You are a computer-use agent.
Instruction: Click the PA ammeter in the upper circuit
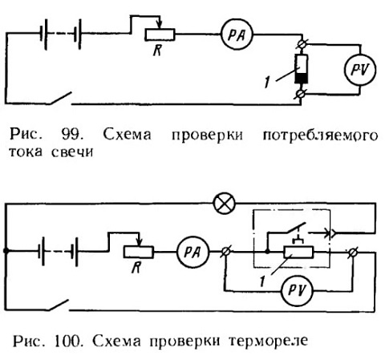[x=237, y=34]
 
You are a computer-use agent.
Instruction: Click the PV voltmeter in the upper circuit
[x=360, y=70]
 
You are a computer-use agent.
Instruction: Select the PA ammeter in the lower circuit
[x=193, y=252]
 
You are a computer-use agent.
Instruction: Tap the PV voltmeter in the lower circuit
[x=297, y=290]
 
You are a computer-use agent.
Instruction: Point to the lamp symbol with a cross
[x=225, y=204]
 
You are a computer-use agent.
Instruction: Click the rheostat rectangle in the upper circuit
[x=160, y=34]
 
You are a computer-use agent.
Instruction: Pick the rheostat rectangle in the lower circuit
[x=139, y=252]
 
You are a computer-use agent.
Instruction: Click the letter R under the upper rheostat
[x=157, y=50]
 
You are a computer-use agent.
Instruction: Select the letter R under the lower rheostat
[x=136, y=267]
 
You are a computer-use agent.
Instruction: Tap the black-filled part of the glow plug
[x=302, y=78]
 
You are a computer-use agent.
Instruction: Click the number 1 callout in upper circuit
[x=266, y=82]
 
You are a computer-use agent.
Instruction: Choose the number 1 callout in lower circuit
[x=262, y=281]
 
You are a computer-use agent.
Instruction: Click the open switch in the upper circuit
[x=60, y=98]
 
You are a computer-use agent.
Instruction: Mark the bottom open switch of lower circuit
[x=59, y=305]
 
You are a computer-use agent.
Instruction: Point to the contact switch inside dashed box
[x=295, y=227]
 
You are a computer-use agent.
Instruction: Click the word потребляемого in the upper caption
[x=320, y=136]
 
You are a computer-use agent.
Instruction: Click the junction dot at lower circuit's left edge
[x=6, y=251]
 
